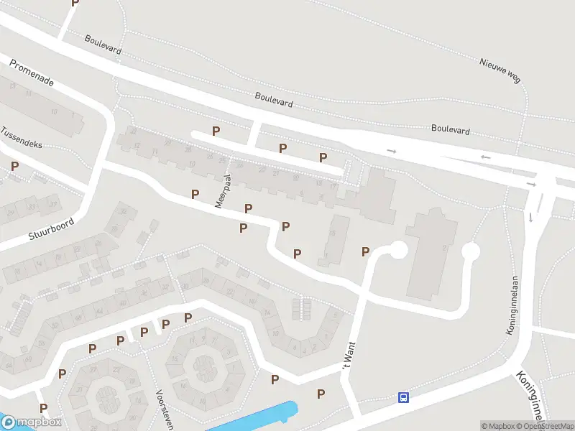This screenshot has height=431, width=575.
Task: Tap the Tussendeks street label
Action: tap(22, 139)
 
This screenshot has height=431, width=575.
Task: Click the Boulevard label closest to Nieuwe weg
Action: tap(451, 130)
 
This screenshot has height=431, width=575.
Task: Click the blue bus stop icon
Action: tap(404, 397)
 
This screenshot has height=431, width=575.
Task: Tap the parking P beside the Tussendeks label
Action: tap(14, 166)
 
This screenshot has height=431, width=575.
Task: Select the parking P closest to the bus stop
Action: tap(321, 394)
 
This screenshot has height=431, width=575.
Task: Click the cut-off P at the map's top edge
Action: tap(75, 3)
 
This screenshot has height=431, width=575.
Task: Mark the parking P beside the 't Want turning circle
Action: tap(365, 251)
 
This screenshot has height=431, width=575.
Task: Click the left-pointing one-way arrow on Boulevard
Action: tap(485, 157)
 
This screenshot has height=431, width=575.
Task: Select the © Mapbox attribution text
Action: tap(498, 426)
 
